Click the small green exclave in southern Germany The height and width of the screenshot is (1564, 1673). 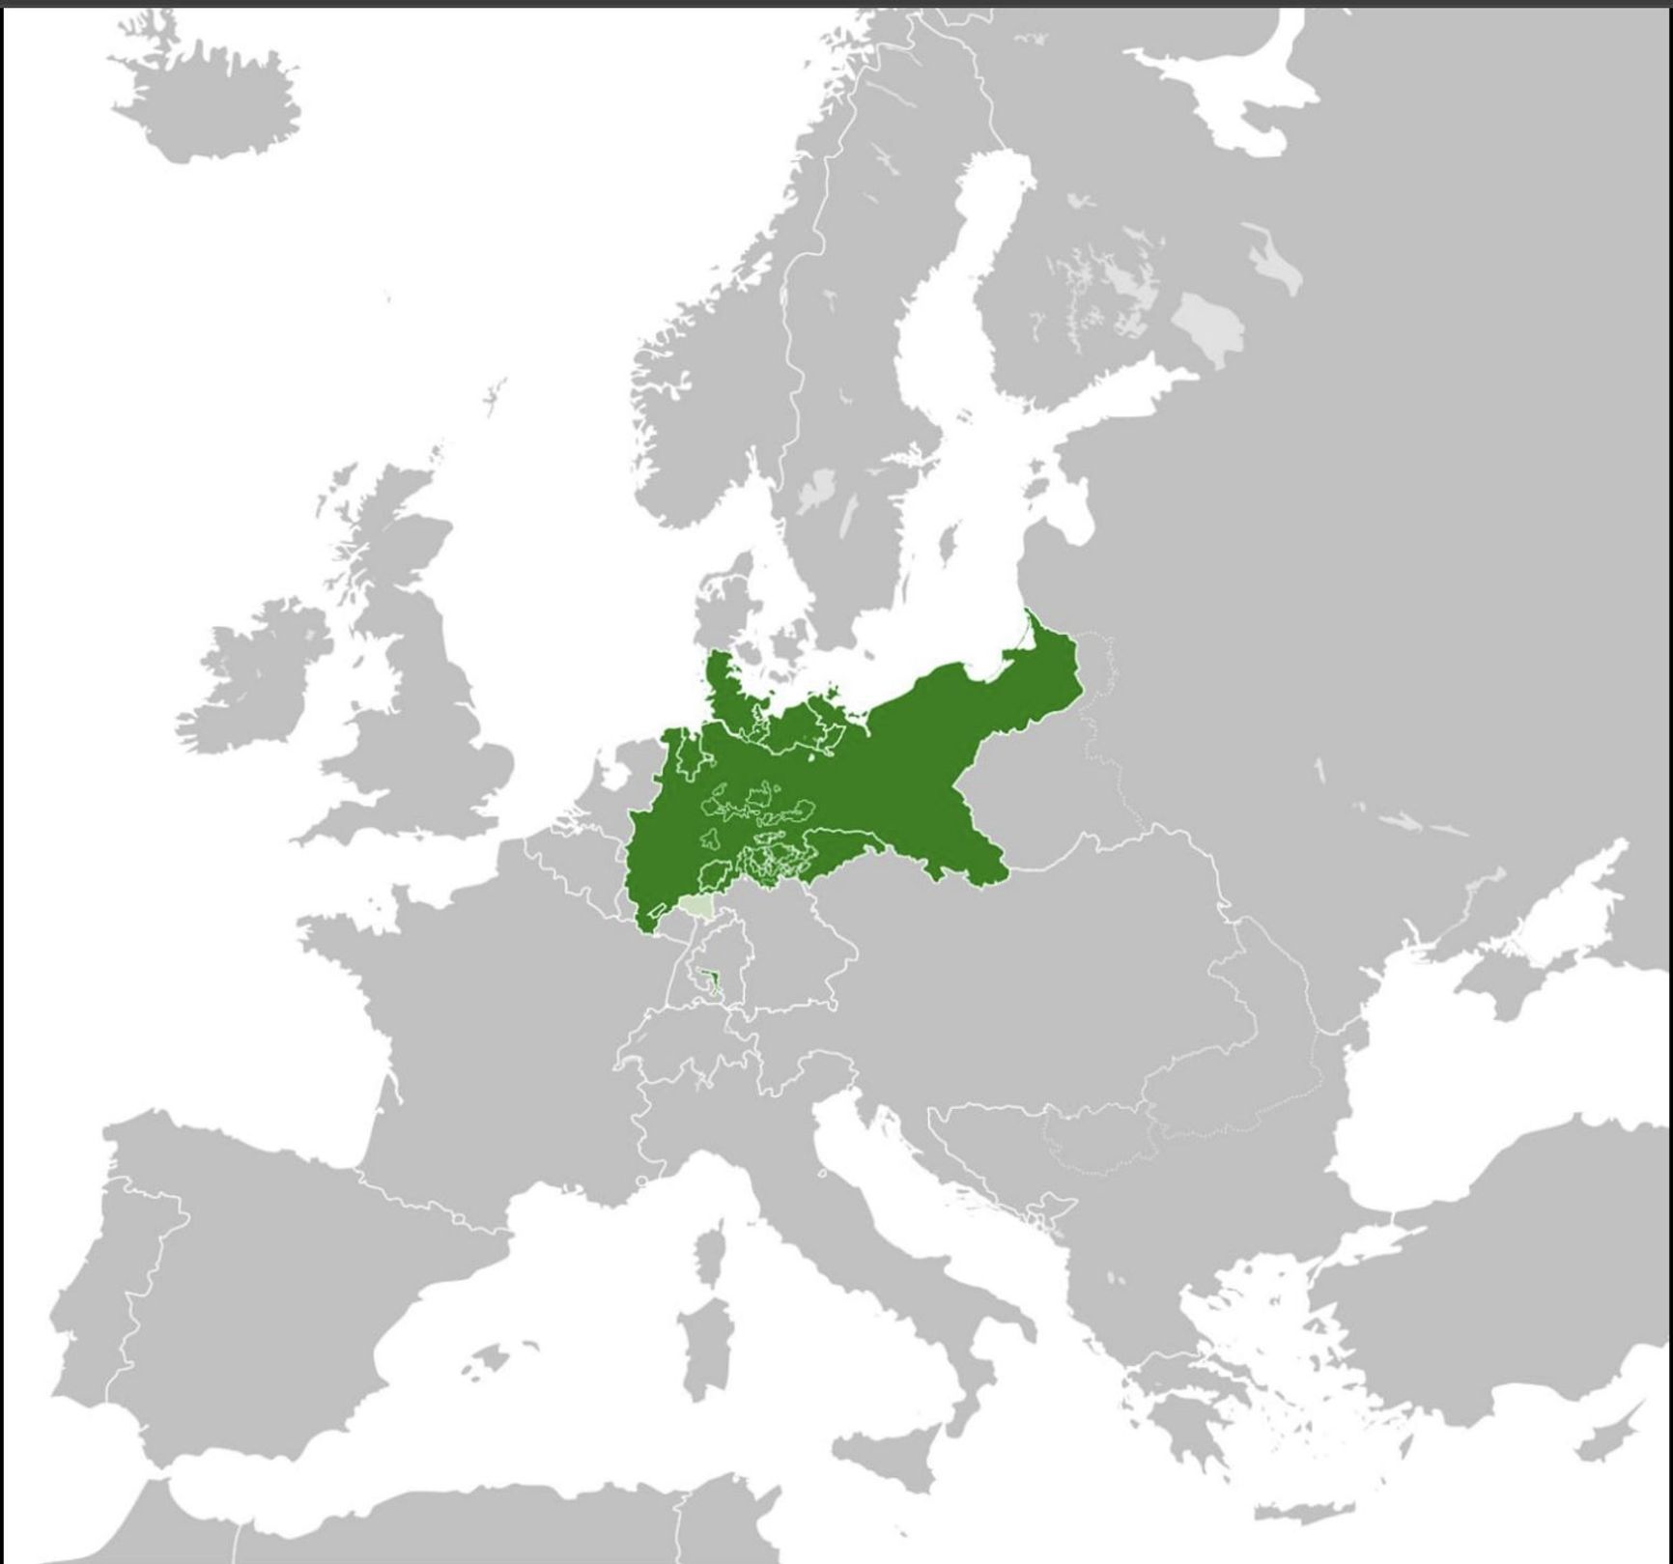(713, 984)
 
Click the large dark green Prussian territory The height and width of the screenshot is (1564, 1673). (869, 773)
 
